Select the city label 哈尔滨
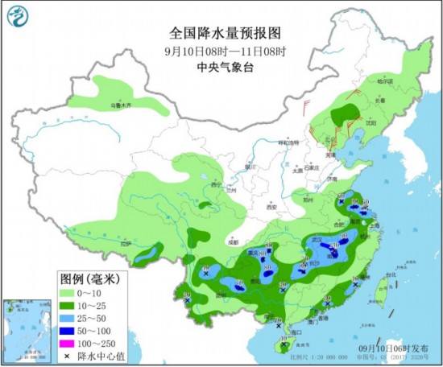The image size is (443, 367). click(387, 82)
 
